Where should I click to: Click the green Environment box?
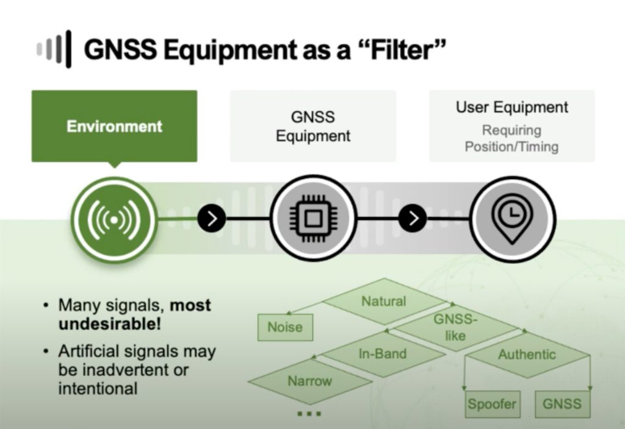(x=114, y=126)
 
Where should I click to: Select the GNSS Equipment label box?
(x=312, y=126)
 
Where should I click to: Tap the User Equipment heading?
(x=511, y=108)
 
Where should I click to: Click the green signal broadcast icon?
(x=114, y=219)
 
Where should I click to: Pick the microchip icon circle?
(x=312, y=218)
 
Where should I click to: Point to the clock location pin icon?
(x=512, y=218)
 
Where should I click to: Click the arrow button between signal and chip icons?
(x=212, y=218)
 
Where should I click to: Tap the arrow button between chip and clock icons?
(x=413, y=218)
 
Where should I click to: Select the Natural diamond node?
(x=383, y=301)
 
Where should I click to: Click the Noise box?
(x=284, y=327)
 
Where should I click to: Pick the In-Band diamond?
(x=382, y=353)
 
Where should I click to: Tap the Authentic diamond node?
(x=527, y=354)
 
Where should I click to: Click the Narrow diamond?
(x=309, y=381)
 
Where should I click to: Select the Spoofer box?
(x=491, y=403)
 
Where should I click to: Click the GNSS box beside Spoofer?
(x=562, y=403)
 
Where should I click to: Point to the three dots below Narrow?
(x=309, y=414)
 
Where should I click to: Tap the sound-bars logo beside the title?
(x=54, y=49)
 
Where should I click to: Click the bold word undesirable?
(x=110, y=324)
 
